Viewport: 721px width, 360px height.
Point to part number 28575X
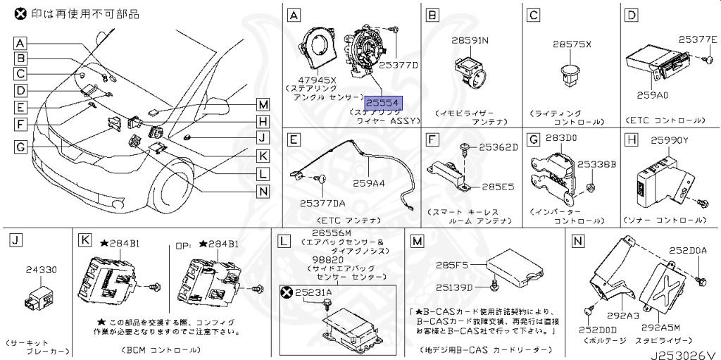(x=572, y=44)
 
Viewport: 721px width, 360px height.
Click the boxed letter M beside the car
(x=263, y=105)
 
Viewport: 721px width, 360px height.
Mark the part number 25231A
(x=313, y=291)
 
